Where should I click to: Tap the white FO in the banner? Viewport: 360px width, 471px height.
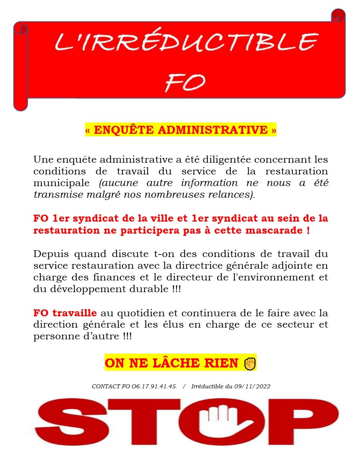[185, 83]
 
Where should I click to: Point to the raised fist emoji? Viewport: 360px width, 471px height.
[250, 363]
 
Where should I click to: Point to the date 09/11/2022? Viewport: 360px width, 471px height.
[252, 387]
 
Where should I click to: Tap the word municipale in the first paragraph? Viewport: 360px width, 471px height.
[61, 183]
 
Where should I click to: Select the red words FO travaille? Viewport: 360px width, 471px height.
[65, 313]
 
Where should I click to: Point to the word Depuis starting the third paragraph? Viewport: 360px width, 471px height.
[52, 254]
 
